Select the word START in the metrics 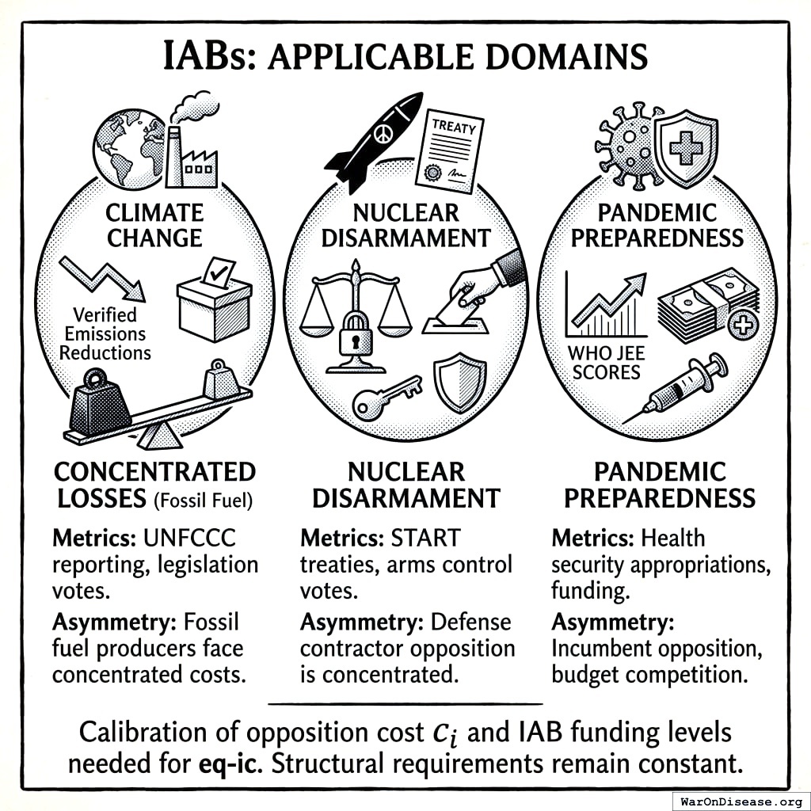[x=425, y=538]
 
